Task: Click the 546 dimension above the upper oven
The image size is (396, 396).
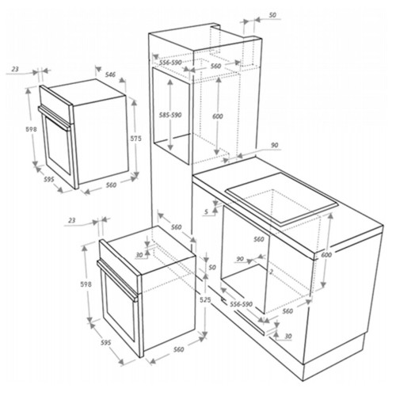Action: [x=110, y=74]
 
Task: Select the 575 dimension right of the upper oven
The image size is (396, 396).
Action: [x=135, y=138]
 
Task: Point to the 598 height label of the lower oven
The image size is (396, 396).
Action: [x=86, y=284]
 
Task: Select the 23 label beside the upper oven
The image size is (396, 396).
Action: [x=16, y=70]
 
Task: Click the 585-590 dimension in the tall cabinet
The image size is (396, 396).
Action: [x=170, y=115]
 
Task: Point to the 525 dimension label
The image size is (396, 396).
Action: [x=205, y=299]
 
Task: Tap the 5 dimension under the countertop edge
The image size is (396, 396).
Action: [x=207, y=211]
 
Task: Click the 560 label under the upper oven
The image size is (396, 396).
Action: [x=111, y=185]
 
